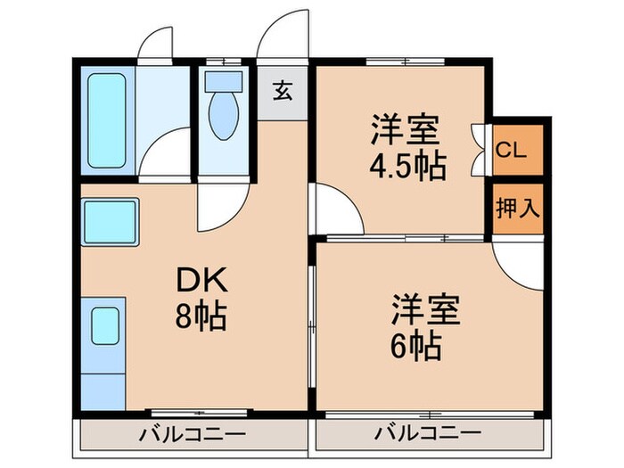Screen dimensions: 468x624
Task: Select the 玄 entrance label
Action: [x=282, y=91]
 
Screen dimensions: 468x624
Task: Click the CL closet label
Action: [x=510, y=149]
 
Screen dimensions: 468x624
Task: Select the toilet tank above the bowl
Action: [x=219, y=80]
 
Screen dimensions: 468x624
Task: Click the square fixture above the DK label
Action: [x=110, y=220]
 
